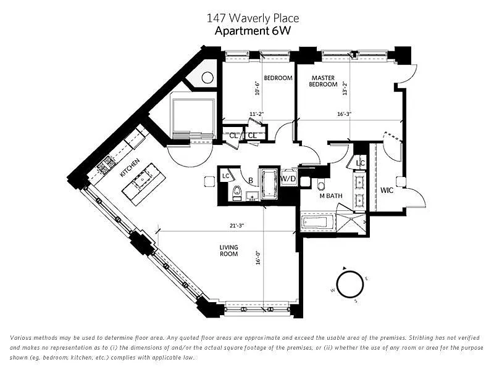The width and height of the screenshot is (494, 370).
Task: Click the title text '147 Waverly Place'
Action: (x=253, y=18)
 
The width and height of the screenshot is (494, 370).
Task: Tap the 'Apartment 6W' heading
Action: (x=253, y=31)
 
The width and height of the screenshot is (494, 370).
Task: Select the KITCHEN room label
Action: (x=130, y=168)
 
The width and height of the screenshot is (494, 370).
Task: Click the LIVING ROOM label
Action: (x=228, y=250)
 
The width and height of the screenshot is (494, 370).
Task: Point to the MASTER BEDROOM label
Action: (x=323, y=81)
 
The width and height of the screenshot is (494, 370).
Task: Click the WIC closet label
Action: (x=387, y=191)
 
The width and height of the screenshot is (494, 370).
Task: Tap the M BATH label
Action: (x=331, y=195)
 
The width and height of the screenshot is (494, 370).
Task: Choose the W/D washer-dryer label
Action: (x=288, y=179)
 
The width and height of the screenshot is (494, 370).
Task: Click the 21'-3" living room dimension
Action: (x=237, y=225)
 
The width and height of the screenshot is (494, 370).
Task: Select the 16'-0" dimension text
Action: (x=258, y=258)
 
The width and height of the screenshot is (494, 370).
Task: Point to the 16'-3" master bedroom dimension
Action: (x=344, y=114)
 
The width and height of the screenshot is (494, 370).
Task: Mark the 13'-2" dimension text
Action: (x=345, y=88)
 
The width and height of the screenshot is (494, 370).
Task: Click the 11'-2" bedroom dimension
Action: (x=256, y=114)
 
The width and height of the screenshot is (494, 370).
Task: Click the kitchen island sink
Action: (x=143, y=179)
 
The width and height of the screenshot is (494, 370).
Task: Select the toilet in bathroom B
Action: (x=237, y=192)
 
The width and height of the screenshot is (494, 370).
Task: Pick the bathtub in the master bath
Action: (x=315, y=222)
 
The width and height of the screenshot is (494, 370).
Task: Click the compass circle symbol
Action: (x=350, y=285)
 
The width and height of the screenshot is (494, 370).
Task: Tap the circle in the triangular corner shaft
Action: (x=207, y=78)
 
